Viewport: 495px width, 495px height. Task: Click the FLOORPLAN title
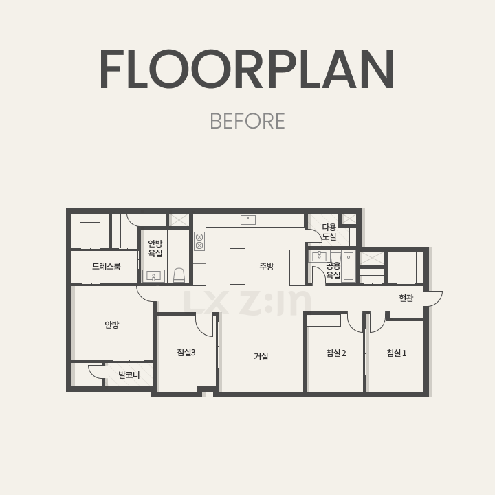247,69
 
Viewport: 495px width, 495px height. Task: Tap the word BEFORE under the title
247,121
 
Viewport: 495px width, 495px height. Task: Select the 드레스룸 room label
107,267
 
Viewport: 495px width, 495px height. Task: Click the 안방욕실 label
155,248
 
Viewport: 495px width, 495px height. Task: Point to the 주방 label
267,267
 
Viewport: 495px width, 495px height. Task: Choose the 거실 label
261,356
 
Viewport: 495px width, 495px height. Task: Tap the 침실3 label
186,352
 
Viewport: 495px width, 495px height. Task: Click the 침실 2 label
336,353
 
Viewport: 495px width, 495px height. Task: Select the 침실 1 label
397,353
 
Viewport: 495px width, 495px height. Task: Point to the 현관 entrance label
406,298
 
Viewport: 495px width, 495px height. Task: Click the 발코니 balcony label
129,375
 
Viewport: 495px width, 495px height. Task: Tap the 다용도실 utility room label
329,232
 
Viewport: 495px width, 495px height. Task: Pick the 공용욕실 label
333,271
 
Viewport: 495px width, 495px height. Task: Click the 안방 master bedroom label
112,324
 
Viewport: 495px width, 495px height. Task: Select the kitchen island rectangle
237,266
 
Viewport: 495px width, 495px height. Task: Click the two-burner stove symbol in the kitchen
199,241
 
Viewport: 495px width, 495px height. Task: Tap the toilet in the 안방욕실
179,275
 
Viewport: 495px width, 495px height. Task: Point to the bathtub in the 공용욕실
349,266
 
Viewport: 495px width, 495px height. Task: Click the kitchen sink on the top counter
248,220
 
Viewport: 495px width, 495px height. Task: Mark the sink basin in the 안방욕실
153,276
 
